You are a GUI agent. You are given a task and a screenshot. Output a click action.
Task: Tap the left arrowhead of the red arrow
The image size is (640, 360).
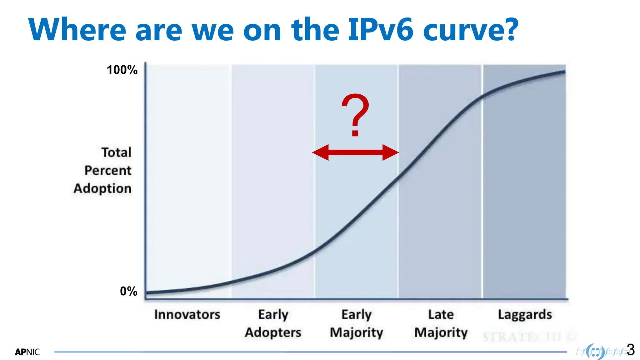coord(321,152)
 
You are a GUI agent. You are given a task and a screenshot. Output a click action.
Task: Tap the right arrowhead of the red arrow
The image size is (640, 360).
coord(390,152)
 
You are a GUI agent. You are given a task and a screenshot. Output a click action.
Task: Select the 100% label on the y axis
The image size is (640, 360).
coord(122,70)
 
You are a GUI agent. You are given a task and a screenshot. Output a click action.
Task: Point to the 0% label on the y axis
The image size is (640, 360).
coord(128,291)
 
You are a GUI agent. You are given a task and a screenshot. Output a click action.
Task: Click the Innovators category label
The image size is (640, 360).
coord(187,314)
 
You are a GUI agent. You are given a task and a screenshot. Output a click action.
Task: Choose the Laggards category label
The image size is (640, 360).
coord(525,314)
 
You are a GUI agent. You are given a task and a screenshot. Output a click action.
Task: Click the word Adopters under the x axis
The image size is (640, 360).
coord(273,332)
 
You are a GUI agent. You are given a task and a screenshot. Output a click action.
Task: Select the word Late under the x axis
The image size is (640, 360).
coord(441,314)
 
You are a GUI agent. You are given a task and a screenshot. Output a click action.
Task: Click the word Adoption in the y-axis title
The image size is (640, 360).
coord(102,188)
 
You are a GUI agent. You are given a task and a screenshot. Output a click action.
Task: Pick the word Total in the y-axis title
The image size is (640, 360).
coord(116,152)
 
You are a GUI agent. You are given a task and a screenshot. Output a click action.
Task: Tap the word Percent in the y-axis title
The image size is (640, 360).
coord(108,171)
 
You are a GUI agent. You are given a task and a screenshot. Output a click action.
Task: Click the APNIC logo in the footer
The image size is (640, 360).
coord(27,352)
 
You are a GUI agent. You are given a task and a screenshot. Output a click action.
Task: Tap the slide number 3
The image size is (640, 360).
coord(631,350)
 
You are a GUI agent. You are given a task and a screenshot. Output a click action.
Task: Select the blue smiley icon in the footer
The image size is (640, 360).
coord(595,352)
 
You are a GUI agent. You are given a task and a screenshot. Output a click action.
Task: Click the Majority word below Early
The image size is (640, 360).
coord(357,332)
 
